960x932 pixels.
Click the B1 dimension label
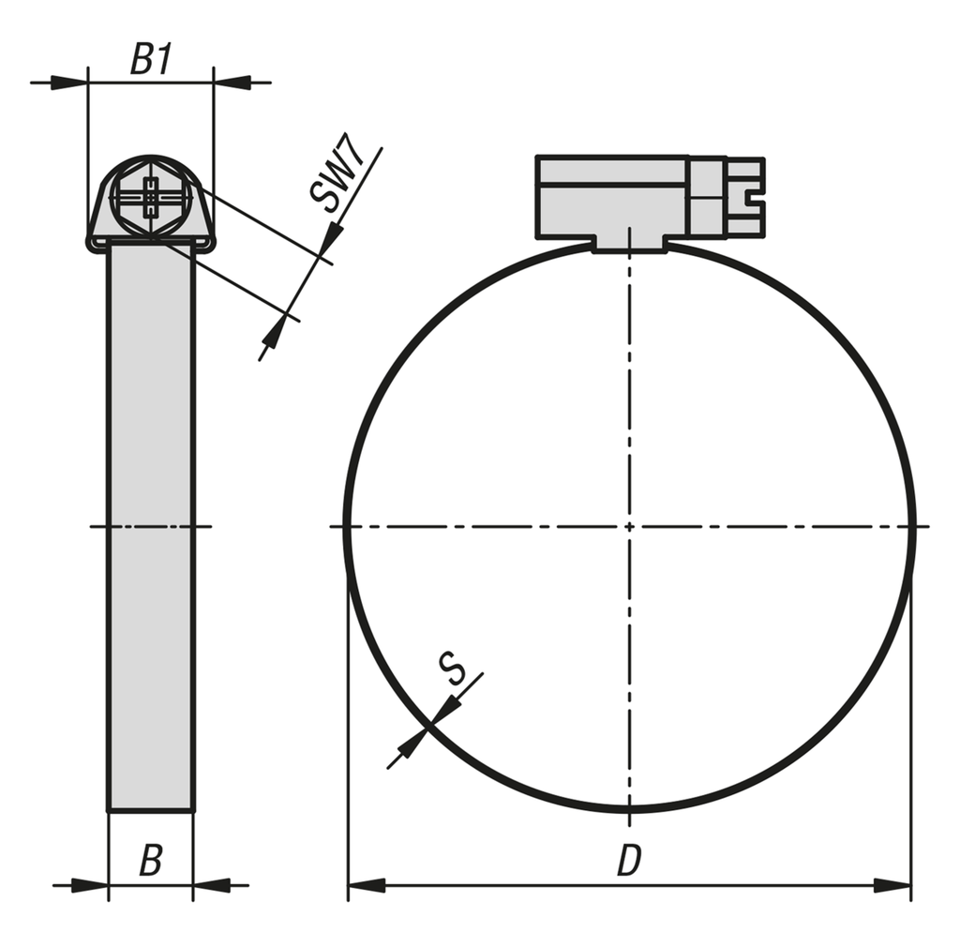click(150, 60)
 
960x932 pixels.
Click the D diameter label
click(628, 861)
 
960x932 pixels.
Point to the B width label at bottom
click(150, 861)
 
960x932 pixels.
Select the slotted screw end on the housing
click(746, 196)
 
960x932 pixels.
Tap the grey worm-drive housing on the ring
click(614, 197)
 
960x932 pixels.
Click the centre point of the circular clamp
click(629, 526)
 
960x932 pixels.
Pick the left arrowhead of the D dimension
click(366, 884)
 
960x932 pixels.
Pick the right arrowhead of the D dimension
click(892, 884)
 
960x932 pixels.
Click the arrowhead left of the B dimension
click(91, 884)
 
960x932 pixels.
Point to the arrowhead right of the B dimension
click(211, 884)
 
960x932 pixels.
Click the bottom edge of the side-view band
click(151, 810)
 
